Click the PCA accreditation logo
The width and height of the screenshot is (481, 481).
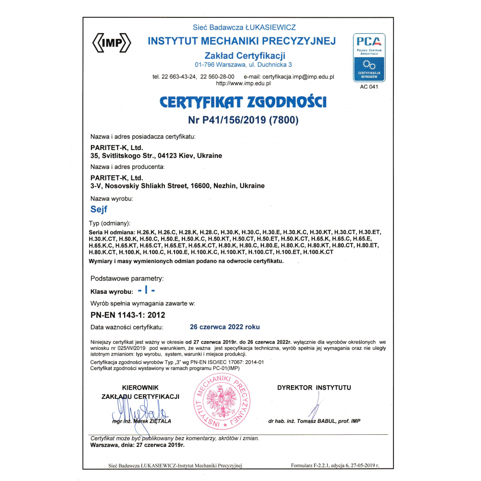(x=369, y=57)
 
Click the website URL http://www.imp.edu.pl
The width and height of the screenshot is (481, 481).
(x=243, y=83)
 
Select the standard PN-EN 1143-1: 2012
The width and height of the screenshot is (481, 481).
(x=128, y=316)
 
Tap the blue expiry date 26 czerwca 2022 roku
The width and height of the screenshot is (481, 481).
(x=225, y=327)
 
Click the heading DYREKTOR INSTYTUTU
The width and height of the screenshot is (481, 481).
(x=314, y=388)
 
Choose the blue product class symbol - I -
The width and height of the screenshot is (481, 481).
(x=146, y=291)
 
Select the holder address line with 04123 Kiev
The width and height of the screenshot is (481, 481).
(x=156, y=156)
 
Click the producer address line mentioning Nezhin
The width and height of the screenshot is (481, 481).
(x=177, y=186)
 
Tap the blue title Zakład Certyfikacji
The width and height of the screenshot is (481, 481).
(x=245, y=55)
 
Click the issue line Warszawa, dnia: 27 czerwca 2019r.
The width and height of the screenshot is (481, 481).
(x=138, y=445)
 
